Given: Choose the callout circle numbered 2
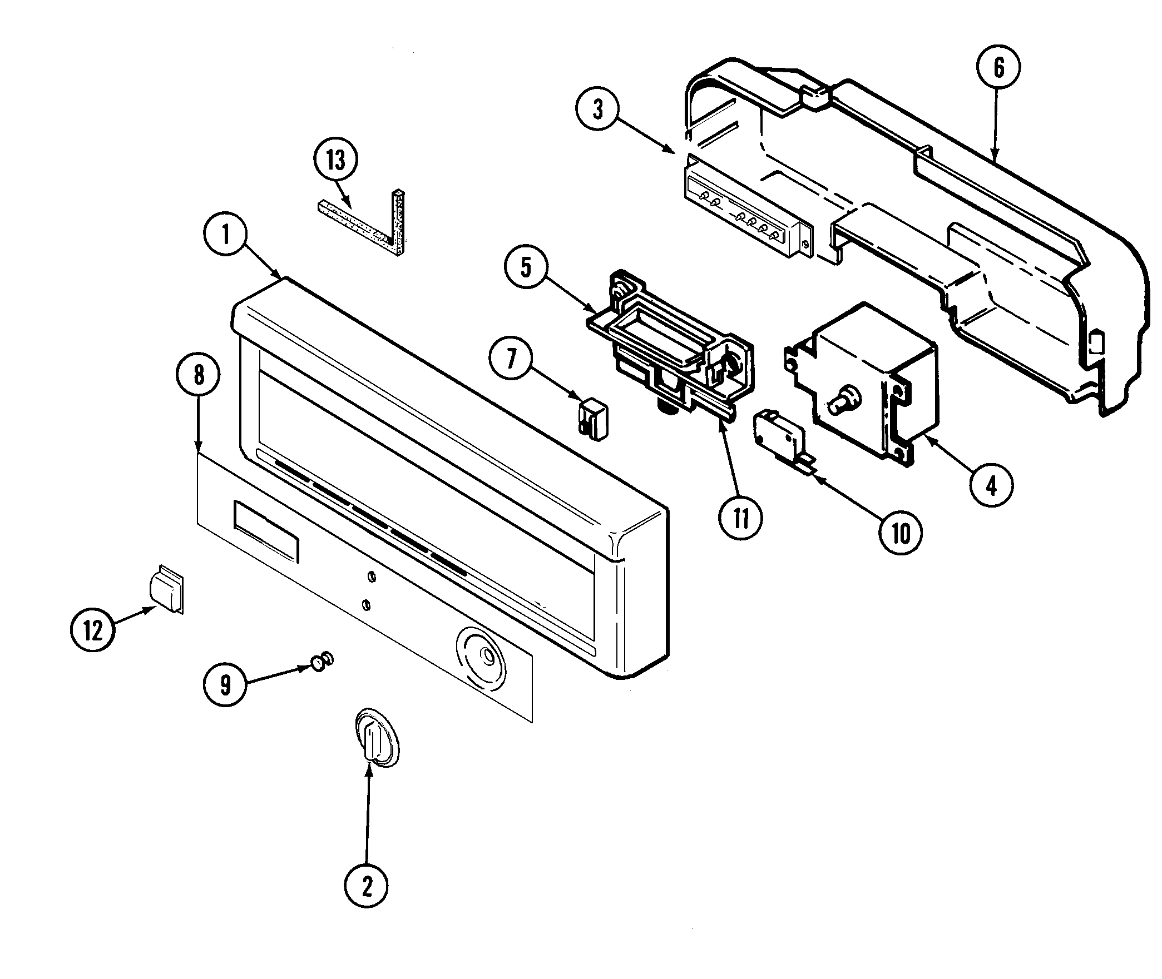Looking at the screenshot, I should (x=367, y=888).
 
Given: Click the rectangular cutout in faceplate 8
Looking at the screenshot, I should (x=266, y=530).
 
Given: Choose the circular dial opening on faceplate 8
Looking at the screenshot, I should (x=482, y=659).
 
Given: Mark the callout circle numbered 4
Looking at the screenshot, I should (x=991, y=485).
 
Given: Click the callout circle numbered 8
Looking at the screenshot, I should (x=199, y=375).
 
